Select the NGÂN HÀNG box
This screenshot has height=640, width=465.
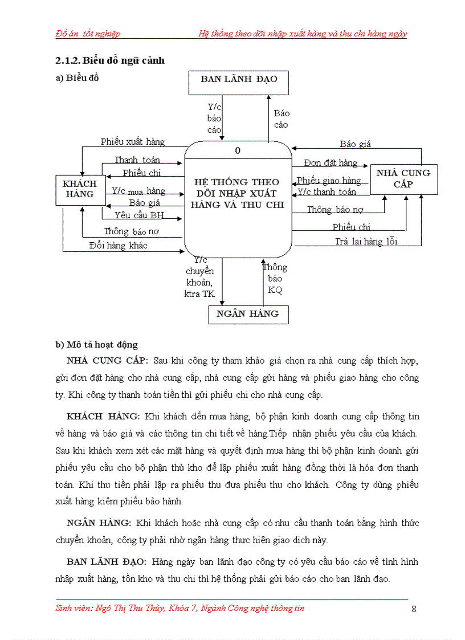(x=248, y=314)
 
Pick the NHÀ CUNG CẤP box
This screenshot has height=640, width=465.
(x=403, y=178)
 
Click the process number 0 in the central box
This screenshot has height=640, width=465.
(x=238, y=150)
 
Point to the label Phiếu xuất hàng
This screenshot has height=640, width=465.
(x=133, y=142)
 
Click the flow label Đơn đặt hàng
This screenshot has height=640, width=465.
(x=331, y=163)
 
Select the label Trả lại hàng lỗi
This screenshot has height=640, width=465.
(x=366, y=241)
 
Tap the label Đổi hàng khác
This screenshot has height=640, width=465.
(x=118, y=246)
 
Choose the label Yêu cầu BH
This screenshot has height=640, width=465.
(x=138, y=215)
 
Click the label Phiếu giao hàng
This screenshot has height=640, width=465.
(x=329, y=181)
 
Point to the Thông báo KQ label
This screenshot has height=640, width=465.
(x=275, y=279)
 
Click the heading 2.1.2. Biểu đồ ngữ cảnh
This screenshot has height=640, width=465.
(x=109, y=60)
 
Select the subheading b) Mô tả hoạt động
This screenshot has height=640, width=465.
(x=96, y=345)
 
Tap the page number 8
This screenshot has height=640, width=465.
(x=414, y=609)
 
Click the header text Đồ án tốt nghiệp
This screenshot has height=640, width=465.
(x=88, y=34)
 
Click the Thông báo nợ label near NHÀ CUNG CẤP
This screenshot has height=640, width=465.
(x=335, y=210)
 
